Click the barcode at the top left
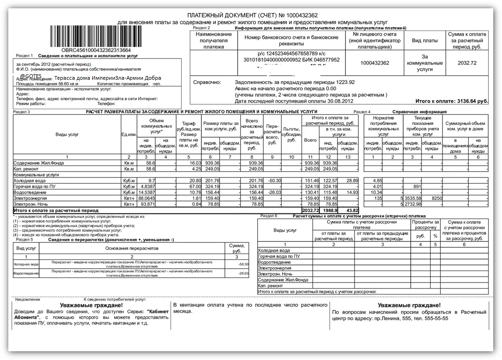pos(96,35)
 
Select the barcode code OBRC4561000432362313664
pos(96,50)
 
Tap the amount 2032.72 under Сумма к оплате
pos(467,63)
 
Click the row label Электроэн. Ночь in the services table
pos(30,204)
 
